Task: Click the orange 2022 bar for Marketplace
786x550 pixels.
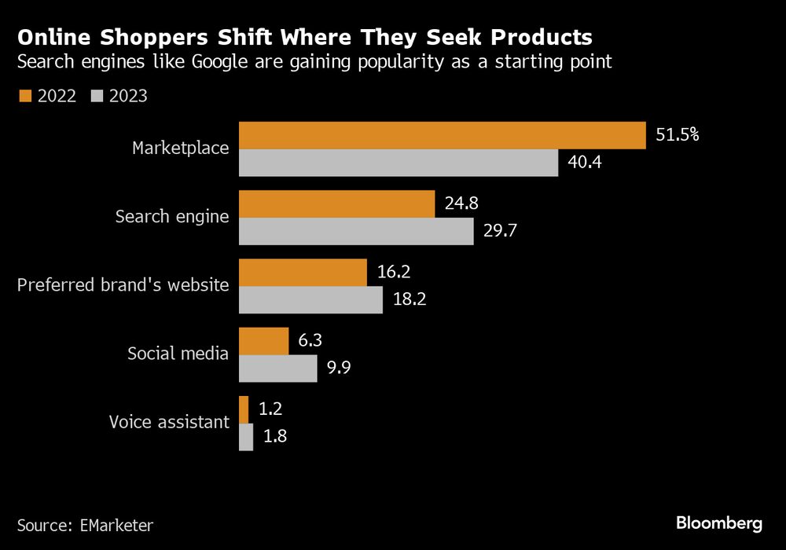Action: tap(442, 135)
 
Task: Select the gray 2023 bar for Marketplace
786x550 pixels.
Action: tap(398, 163)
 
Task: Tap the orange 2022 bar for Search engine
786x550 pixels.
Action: tap(336, 203)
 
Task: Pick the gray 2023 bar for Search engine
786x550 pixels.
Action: tap(356, 231)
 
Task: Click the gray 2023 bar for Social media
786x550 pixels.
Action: tap(277, 368)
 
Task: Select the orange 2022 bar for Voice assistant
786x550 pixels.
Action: tap(244, 409)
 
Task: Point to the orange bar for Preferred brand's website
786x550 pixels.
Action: tap(303, 272)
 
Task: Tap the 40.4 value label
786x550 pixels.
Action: tap(583, 163)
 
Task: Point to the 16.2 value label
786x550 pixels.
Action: tap(393, 272)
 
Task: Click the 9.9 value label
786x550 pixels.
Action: tap(338, 368)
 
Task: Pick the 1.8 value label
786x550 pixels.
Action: tap(274, 437)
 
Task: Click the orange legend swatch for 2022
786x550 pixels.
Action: tap(24, 96)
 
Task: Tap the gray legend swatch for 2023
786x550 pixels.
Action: tap(97, 96)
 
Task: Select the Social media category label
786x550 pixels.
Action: tap(178, 354)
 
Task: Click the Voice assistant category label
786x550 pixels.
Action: tap(169, 423)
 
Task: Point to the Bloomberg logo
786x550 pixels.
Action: tap(719, 522)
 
